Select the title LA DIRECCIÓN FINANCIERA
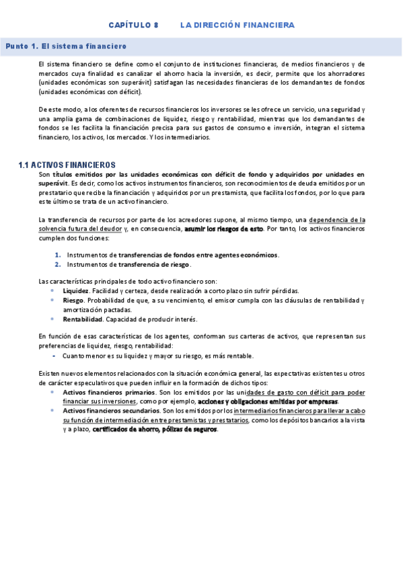pyautogui.click(x=237, y=25)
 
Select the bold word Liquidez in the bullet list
pyautogui.click(x=75, y=291)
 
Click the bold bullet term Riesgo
pyautogui.click(x=73, y=300)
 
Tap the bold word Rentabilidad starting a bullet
pyautogui.click(x=83, y=319)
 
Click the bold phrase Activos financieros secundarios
pyautogui.click(x=112, y=410)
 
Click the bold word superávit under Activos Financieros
pyautogui.click(x=53, y=183)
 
